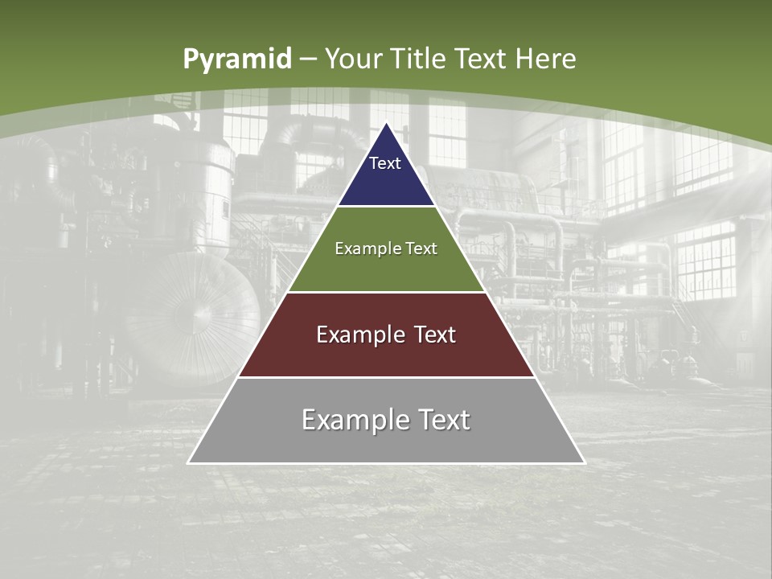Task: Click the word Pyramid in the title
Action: (x=236, y=59)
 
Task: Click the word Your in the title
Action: (x=354, y=59)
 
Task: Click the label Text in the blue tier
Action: (x=385, y=163)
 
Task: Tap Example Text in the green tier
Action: (x=386, y=248)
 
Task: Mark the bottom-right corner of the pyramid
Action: (x=583, y=462)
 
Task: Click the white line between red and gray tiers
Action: (x=386, y=377)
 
